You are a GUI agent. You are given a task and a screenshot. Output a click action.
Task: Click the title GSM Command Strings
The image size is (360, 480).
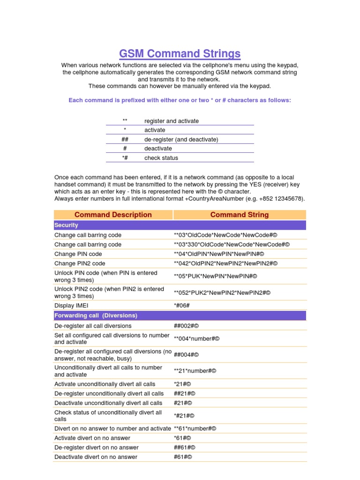tap(180, 53)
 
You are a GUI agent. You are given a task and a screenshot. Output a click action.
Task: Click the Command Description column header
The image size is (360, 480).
tap(113, 215)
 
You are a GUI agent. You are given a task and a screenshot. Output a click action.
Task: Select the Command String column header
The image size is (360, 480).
tap(240, 215)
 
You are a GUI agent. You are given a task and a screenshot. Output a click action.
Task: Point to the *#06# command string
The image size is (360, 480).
tap(182, 306)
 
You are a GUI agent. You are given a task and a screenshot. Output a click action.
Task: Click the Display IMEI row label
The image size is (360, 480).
tap(71, 306)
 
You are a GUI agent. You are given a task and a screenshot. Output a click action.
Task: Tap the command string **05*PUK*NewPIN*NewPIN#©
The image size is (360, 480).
tap(216, 276)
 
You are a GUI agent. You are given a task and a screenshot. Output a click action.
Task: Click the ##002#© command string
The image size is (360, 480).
tap(190, 326)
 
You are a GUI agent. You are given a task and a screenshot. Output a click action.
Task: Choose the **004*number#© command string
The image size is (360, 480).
tap(196, 338)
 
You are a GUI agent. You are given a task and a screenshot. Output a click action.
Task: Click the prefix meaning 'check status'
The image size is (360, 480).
tap(125, 158)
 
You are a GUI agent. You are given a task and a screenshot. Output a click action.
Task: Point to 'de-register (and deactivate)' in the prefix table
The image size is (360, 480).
tap(181, 139)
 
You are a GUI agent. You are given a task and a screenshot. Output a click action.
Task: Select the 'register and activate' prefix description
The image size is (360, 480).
tap(171, 121)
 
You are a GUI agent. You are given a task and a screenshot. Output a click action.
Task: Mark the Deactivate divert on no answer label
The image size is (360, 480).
tap(96, 457)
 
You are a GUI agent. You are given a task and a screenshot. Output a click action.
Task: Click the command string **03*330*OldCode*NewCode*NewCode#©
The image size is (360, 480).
tap(232, 244)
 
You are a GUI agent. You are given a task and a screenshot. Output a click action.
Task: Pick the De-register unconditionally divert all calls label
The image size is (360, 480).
tap(109, 393)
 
